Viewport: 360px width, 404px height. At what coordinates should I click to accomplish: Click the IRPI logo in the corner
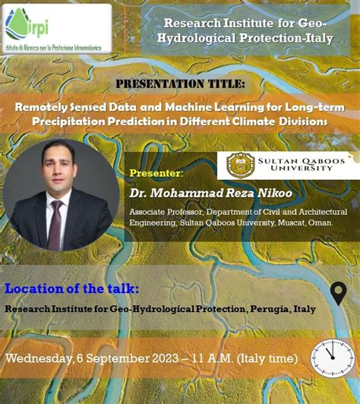57,28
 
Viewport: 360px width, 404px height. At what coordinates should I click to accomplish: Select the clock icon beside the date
333,355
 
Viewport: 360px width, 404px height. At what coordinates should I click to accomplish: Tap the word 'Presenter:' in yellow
157,173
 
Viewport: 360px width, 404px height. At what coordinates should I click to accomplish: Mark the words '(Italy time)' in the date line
272,358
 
